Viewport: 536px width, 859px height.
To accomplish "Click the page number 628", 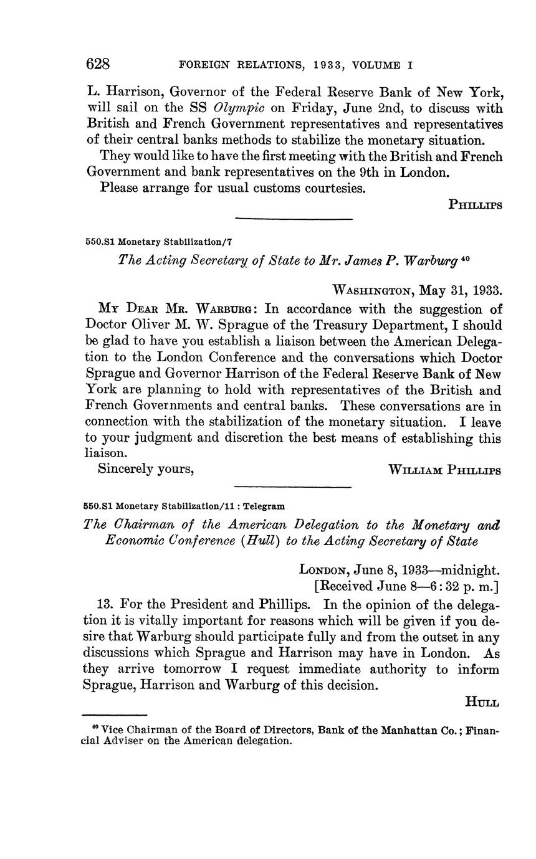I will click(x=98, y=64).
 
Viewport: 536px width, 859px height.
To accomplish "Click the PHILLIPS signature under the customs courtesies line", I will click(x=476, y=204).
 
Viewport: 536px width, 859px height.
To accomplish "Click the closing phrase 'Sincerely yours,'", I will click(x=146, y=469).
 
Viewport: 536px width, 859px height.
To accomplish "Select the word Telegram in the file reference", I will click(x=265, y=506).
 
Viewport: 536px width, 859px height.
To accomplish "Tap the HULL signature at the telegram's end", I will click(x=482, y=703).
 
